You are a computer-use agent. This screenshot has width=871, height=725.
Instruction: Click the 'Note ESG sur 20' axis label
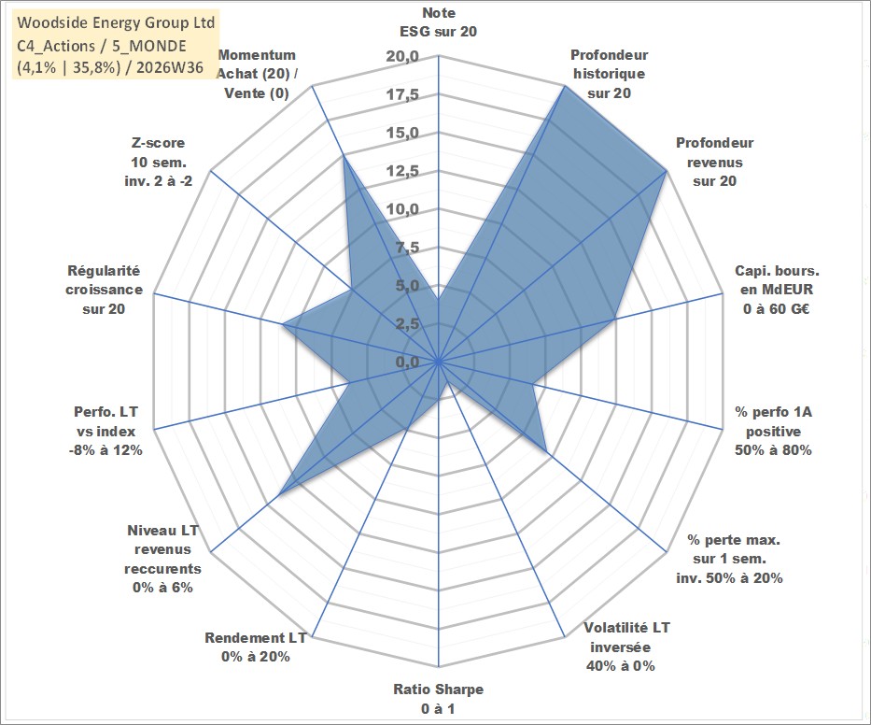(x=438, y=22)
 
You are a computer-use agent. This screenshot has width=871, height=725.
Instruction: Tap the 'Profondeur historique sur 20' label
(x=609, y=74)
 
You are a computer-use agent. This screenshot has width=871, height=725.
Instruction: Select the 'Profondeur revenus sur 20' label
(x=714, y=162)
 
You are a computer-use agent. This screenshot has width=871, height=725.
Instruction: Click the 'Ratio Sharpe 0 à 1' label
(x=438, y=699)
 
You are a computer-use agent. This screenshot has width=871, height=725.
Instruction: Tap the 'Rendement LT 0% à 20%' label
(x=256, y=647)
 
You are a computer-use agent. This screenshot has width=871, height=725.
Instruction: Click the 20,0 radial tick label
(x=402, y=56)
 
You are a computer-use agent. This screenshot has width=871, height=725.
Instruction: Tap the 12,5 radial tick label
(x=402, y=171)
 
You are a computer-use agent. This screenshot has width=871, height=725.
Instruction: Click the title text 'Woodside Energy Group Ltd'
(x=116, y=22)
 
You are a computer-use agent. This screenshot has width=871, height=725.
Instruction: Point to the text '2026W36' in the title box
(x=170, y=67)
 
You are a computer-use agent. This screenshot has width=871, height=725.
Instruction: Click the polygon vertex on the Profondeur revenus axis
(x=666, y=171)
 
